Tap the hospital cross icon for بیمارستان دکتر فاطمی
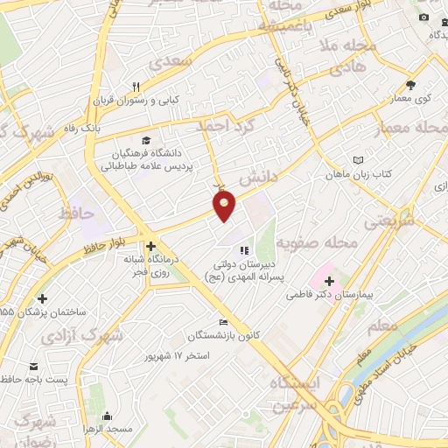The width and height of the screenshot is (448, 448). (x=330, y=282)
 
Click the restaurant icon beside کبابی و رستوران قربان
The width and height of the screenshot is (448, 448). (x=136, y=87)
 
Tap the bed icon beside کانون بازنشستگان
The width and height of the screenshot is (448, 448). (x=225, y=322)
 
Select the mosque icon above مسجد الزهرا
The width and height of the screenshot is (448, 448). (x=108, y=416)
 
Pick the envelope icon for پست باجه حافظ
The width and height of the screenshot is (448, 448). (x=33, y=366)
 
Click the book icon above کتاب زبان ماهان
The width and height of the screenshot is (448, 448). (x=357, y=160)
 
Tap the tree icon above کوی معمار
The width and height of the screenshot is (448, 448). (x=410, y=85)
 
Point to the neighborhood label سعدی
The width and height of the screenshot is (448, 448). (x=166, y=64)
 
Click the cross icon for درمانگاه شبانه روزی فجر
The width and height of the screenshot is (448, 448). (x=151, y=246)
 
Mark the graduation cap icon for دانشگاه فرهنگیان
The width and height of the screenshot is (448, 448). (x=146, y=140)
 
